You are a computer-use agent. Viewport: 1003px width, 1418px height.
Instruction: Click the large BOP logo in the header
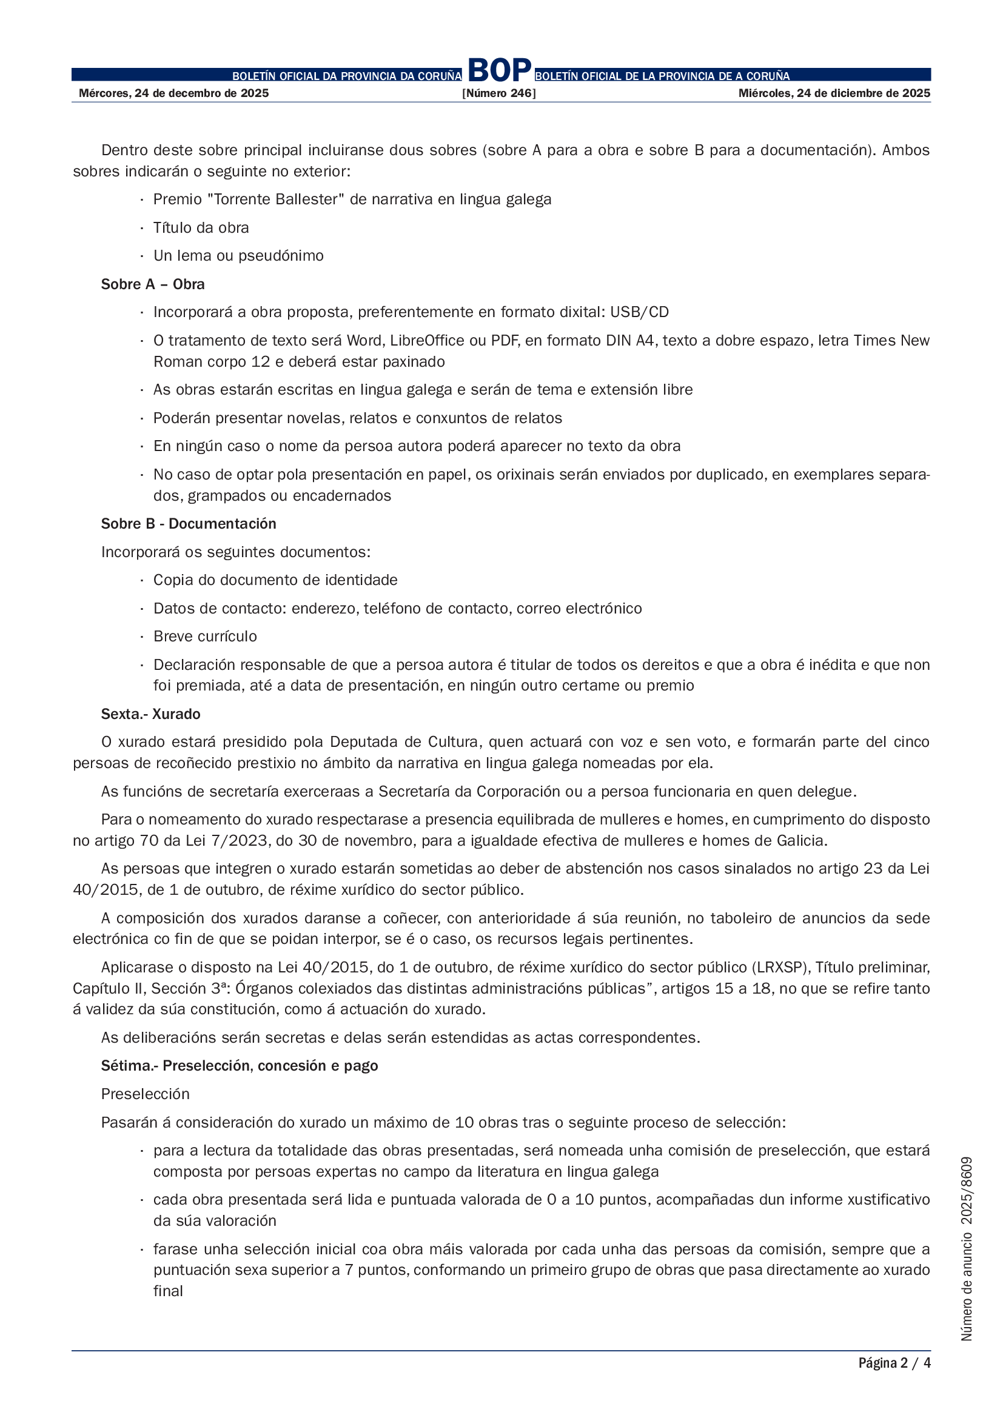coord(500,70)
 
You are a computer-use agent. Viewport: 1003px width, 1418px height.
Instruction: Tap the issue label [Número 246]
coord(499,93)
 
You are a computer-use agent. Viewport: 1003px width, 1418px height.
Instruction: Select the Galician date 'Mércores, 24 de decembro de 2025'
coord(173,93)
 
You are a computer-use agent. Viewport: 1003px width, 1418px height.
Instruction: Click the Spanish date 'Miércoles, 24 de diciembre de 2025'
coord(834,93)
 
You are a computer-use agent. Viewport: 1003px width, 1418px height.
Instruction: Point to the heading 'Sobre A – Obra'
coord(153,284)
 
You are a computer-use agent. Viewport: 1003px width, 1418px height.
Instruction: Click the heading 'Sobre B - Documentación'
coord(189,524)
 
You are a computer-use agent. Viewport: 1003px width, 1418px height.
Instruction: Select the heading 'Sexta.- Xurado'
coord(151,714)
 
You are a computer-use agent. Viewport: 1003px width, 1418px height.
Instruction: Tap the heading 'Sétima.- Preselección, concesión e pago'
coord(240,1065)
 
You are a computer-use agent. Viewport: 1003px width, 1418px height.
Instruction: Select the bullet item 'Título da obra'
coord(201,228)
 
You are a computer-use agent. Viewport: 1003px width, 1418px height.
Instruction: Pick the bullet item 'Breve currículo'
coord(205,636)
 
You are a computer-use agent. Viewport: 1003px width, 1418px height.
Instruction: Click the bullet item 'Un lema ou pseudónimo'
coord(238,256)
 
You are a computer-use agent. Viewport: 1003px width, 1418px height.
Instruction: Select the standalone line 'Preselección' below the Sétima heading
coord(145,1094)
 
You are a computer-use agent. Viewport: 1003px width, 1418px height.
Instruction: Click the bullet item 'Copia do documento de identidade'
coord(275,580)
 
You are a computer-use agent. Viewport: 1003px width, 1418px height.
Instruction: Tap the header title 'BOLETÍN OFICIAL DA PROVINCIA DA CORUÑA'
coord(346,76)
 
